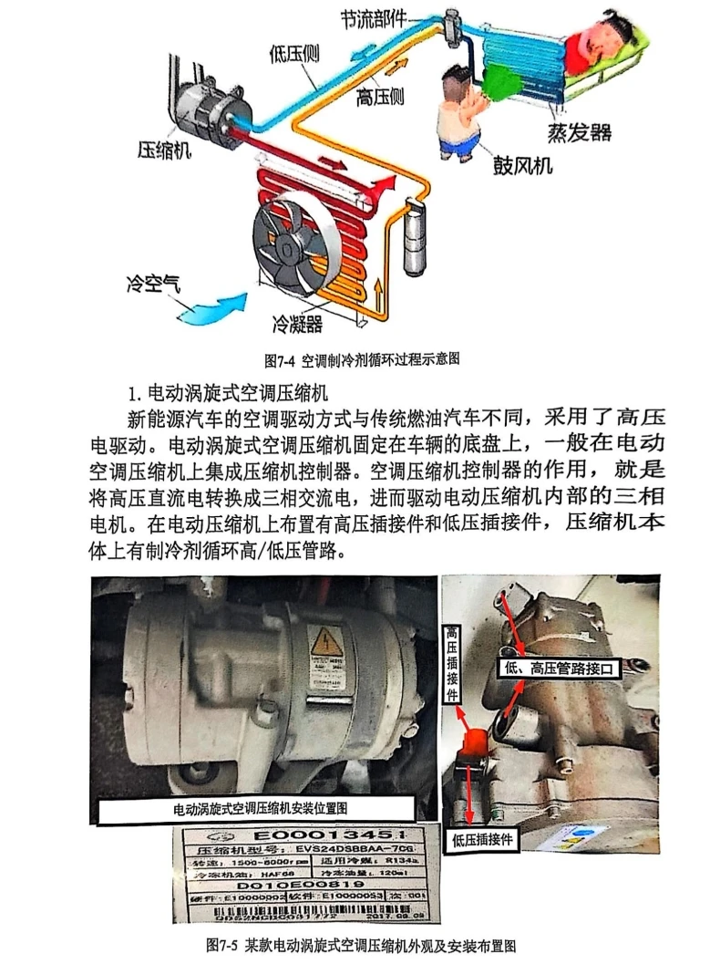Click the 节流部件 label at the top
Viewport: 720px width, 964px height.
point(373,18)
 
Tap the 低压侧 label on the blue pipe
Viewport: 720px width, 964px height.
point(294,54)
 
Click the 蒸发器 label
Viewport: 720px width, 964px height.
point(579,132)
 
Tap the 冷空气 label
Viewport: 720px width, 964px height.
point(153,281)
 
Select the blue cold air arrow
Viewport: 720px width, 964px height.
point(211,307)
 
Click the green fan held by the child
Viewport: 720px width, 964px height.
point(499,83)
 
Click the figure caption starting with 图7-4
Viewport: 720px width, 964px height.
point(362,358)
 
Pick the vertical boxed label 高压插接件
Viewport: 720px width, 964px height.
point(452,664)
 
